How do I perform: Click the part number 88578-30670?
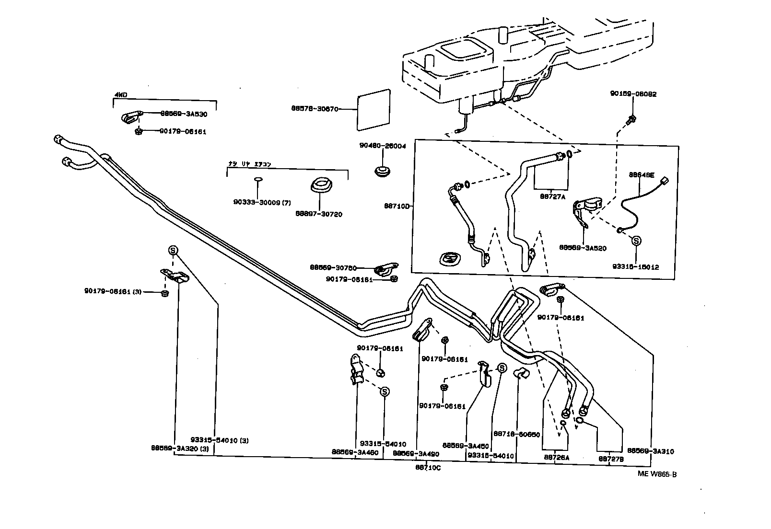tap(315, 109)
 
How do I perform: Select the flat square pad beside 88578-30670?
tap(374, 110)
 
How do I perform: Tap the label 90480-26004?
tap(382, 146)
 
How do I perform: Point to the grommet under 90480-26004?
tap(382, 171)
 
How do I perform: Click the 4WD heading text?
tap(120, 95)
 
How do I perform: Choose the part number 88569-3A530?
tap(183, 114)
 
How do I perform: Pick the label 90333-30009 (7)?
tap(262, 202)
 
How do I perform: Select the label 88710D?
tap(397, 206)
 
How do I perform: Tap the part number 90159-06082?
tap(633, 94)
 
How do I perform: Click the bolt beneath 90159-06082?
tap(631, 118)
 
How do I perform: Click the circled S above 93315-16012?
tap(636, 241)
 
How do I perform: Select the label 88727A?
tap(552, 196)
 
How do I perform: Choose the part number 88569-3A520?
tap(583, 248)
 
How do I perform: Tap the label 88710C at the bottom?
tap(428, 468)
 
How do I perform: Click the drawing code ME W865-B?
tap(656, 474)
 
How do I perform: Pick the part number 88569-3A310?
tap(650, 451)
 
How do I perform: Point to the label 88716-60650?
tap(517, 434)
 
